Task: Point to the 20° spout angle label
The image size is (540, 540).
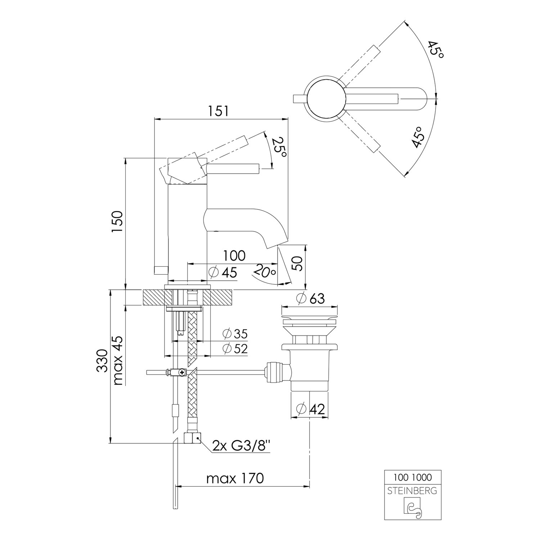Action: click(265, 271)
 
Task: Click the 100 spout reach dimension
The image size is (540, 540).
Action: click(234, 256)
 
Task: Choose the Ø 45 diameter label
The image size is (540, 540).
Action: click(223, 273)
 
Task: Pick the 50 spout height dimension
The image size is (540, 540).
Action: click(298, 264)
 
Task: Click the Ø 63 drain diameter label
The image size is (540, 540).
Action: click(310, 298)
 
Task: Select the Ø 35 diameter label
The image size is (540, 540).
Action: click(235, 334)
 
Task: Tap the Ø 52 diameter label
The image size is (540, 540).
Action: click(235, 348)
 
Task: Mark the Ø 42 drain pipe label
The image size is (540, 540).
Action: click(310, 409)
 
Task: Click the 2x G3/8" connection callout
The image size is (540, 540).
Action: click(241, 446)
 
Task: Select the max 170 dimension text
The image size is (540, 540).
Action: click(235, 478)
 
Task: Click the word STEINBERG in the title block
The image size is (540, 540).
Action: click(413, 490)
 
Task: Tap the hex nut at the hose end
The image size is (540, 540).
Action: click(193, 438)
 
